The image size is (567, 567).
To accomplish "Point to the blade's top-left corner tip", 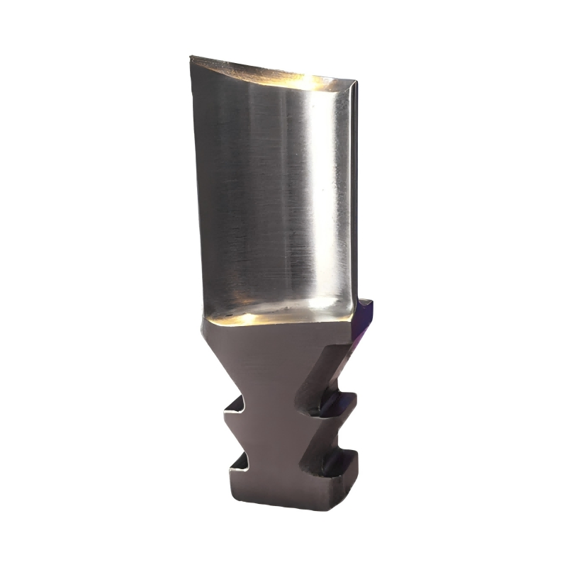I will pyautogui.click(x=191, y=58).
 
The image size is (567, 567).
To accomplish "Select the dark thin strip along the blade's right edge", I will pyautogui.click(x=354, y=191).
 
